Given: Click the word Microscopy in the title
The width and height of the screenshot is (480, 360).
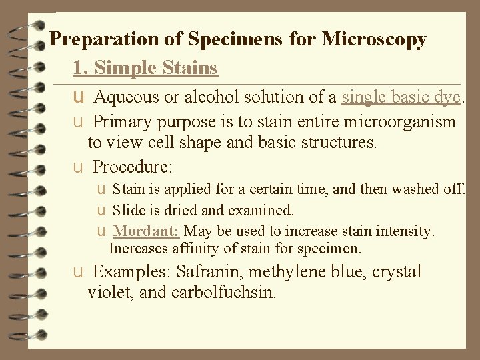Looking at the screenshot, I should pyautogui.click(x=374, y=40).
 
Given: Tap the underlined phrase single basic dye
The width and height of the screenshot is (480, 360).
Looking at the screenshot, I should pyautogui.click(x=401, y=97).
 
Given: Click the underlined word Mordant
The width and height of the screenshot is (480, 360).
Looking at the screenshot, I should pyautogui.click(x=146, y=231).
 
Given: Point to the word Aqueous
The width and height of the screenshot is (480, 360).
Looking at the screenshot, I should pyautogui.click(x=126, y=97).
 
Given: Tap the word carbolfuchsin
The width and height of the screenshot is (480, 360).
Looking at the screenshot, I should pyautogui.click(x=226, y=292).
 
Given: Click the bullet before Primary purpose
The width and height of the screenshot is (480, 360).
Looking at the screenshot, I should pyautogui.click(x=79, y=123).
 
